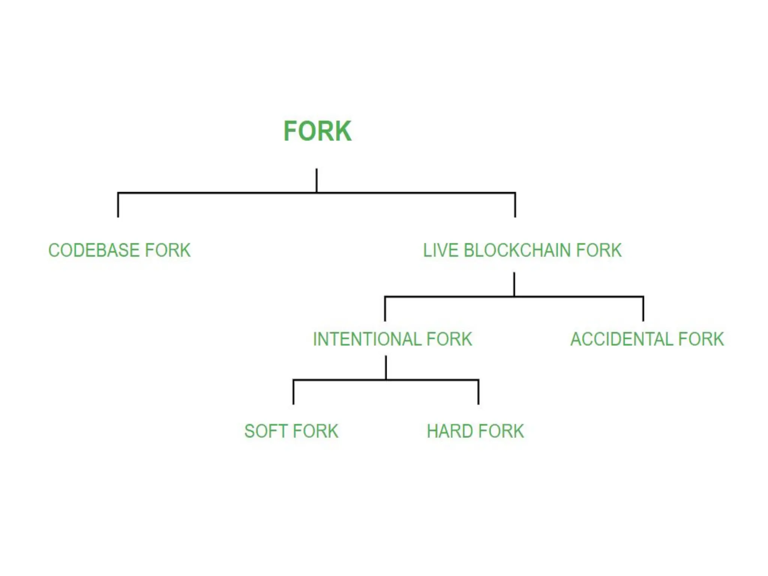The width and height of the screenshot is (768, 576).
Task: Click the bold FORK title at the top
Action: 317,131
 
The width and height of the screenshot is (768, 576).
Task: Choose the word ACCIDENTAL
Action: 622,339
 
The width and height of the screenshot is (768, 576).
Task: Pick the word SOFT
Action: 265,431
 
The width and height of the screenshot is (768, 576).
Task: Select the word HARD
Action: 449,431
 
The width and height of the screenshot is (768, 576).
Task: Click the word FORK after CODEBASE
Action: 168,250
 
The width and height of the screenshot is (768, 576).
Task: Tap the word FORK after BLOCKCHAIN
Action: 599,250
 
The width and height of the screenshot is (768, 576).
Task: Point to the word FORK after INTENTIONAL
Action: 449,339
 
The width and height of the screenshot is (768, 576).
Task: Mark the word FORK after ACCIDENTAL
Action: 701,339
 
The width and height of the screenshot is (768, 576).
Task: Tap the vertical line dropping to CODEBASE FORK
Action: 118,205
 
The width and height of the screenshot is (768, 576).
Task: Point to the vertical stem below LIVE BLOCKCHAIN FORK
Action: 514,284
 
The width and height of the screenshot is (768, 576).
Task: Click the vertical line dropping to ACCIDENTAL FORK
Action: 643,309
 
